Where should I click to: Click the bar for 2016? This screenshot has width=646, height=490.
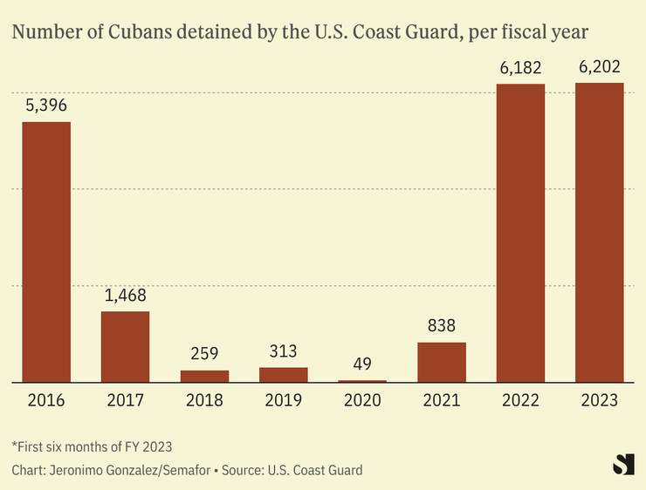[x=46, y=251]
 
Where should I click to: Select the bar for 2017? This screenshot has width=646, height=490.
[x=125, y=346]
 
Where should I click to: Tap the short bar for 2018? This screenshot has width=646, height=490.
[x=204, y=376]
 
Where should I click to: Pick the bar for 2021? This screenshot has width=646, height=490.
[x=442, y=362]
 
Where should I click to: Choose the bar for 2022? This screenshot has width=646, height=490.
[x=520, y=233]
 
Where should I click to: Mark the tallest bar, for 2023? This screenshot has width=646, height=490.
[x=599, y=232]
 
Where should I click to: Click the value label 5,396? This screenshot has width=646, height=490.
[x=46, y=106]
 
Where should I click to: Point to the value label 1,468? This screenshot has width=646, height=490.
[x=125, y=296]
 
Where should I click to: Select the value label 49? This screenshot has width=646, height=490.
[x=362, y=365]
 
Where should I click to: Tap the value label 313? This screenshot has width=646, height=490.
[x=284, y=352]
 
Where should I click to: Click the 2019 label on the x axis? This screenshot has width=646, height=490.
[x=284, y=401]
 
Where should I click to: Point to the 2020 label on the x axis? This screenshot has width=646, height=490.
[x=362, y=401]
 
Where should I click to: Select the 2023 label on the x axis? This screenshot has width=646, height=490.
[x=599, y=401]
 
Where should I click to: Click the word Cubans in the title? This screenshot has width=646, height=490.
[x=132, y=33]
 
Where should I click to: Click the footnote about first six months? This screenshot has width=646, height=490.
[x=92, y=446]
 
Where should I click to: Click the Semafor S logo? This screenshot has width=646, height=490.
[x=623, y=464]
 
